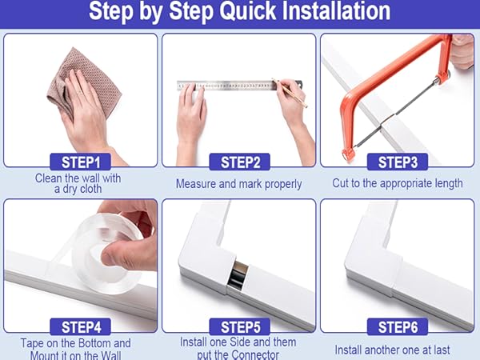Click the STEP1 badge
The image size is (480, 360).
[81, 162]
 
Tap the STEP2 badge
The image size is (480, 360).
[240, 162]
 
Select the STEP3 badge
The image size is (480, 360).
[398, 162]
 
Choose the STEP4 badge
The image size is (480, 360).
[81, 326]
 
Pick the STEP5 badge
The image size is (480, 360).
[240, 326]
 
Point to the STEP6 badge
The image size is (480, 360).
[398, 326]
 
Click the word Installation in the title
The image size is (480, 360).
[336, 11]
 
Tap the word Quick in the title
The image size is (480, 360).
[248, 12]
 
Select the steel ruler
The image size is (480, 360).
[239, 86]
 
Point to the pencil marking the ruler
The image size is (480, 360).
[290, 93]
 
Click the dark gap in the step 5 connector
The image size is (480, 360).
[238, 274]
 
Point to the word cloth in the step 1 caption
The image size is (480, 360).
[89, 189]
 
